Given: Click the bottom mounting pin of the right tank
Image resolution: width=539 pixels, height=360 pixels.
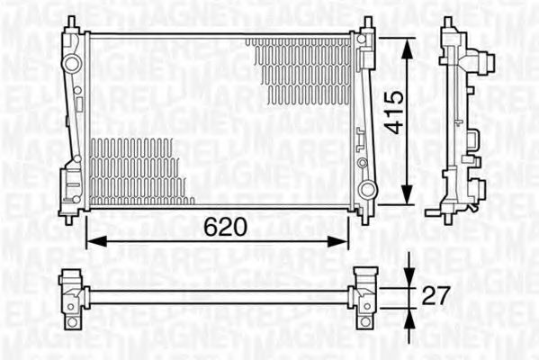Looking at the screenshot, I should point(364,217).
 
